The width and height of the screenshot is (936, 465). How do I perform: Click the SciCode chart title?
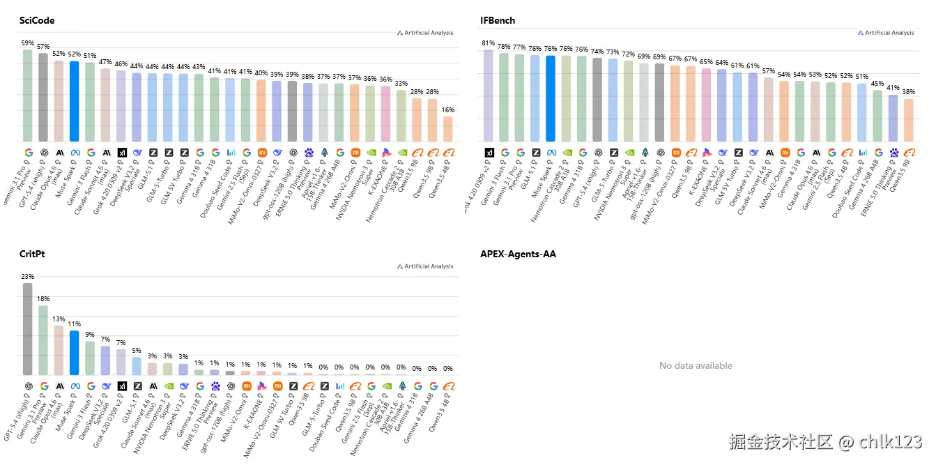[37, 20]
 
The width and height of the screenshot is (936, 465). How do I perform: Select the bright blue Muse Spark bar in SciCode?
[74, 101]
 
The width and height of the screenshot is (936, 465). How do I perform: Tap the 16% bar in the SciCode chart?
[447, 129]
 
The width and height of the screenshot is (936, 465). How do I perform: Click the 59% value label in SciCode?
[27, 43]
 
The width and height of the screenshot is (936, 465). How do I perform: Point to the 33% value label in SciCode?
[401, 84]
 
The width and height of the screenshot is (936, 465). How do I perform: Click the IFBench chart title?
[498, 20]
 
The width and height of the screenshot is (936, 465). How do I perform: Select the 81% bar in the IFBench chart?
[489, 96]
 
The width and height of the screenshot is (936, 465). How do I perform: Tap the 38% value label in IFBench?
[908, 92]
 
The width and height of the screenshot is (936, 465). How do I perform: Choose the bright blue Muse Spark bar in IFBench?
[551, 98]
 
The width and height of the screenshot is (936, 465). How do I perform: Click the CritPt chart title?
[32, 254]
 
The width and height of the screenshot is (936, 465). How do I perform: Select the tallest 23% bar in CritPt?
[28, 328]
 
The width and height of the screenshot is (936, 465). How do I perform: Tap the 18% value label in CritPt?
[43, 299]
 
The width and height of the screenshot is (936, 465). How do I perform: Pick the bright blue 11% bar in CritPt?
[74, 353]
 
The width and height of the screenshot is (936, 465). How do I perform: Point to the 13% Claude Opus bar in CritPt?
[59, 350]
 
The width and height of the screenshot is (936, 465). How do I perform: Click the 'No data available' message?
[696, 365]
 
